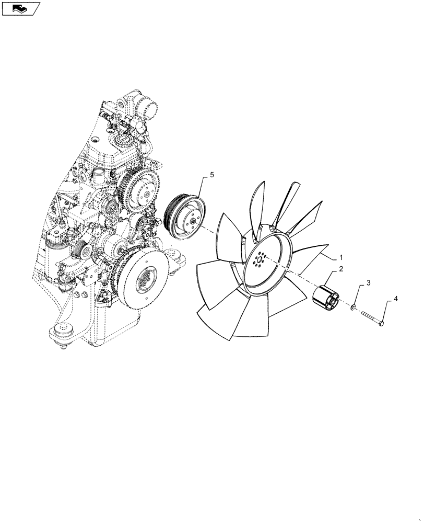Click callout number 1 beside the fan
[341, 258]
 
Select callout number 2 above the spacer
[341, 269]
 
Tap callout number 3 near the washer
[368, 283]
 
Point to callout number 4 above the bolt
[395, 299]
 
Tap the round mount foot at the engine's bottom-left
[63, 333]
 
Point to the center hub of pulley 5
[194, 221]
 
